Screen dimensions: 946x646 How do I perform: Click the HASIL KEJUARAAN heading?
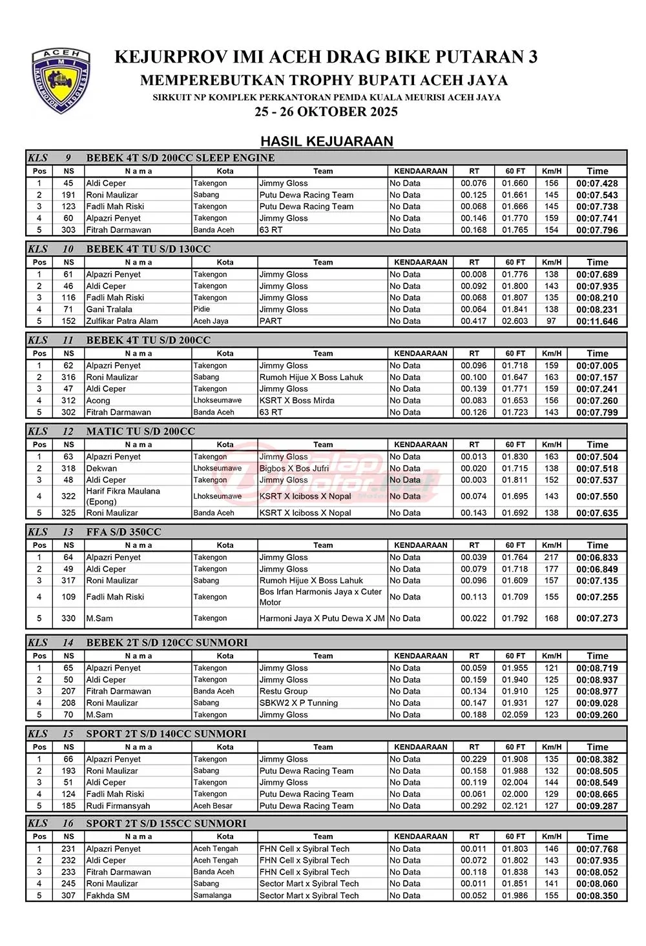pyautogui.click(x=326, y=141)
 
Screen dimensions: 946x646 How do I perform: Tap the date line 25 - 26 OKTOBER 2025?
pyautogui.click(x=326, y=112)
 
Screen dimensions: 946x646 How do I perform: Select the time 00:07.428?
pyautogui.click(x=597, y=183)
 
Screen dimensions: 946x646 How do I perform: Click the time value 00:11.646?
pyautogui.click(x=597, y=321)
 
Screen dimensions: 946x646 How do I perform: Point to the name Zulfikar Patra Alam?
pyautogui.click(x=122, y=321)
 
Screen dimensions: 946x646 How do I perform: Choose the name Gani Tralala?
pyautogui.click(x=109, y=310)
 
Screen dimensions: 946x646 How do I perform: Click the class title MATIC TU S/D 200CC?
pyautogui.click(x=140, y=431)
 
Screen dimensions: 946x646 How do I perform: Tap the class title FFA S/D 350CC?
pyautogui.click(x=123, y=532)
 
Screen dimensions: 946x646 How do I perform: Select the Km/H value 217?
pyautogui.click(x=551, y=558)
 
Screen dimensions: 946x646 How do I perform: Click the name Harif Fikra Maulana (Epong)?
pyautogui.click(x=123, y=496)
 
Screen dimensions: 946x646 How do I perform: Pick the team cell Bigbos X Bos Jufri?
pyautogui.click(x=294, y=468)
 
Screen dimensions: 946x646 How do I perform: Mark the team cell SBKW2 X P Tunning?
pyautogui.click(x=298, y=703)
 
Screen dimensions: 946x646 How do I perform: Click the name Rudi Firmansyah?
pyautogui.click(x=118, y=806)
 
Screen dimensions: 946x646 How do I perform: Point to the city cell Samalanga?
pyautogui.click(x=212, y=896)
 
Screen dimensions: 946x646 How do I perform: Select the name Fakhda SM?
pyautogui.click(x=108, y=896)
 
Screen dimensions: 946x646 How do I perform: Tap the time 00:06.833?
pyautogui.click(x=597, y=558)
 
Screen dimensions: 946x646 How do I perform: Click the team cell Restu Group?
pyautogui.click(x=284, y=691)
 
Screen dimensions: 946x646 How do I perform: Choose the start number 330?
pyautogui.click(x=68, y=618)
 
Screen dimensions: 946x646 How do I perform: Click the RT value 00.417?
pyautogui.click(x=474, y=321)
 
